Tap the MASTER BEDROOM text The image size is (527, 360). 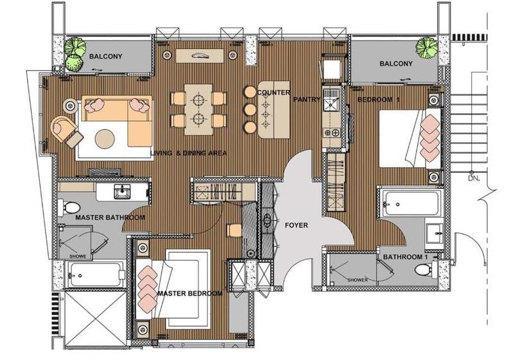point(190,294)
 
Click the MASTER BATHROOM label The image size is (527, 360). point(110,217)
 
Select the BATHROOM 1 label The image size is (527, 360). point(406,257)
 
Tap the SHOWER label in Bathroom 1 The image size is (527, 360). point(357,280)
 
